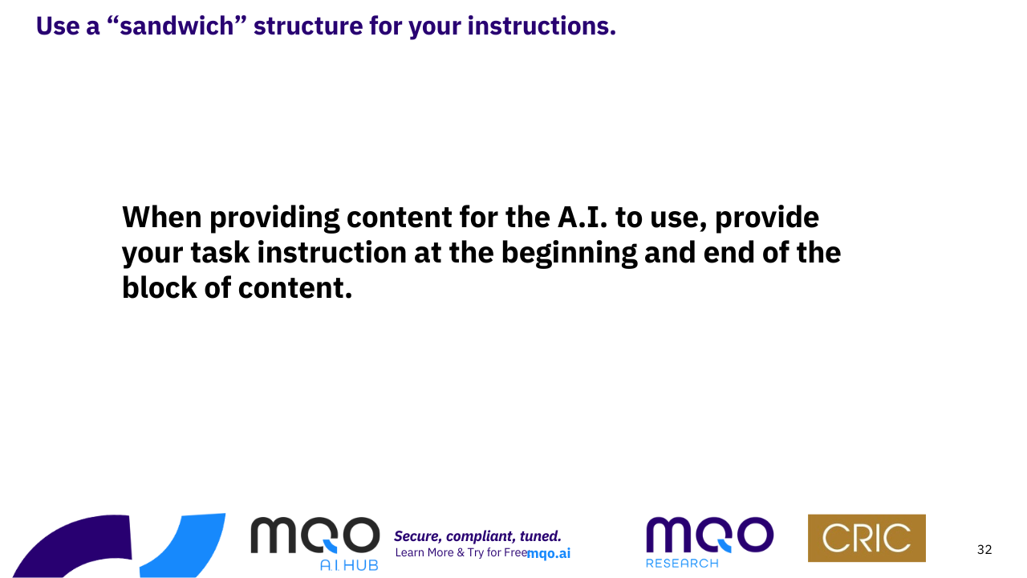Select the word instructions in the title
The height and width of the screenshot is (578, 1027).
point(542,26)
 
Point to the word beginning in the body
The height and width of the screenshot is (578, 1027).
point(569,254)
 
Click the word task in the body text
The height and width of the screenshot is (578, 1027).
point(220,253)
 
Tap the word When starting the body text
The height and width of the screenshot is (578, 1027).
point(162,217)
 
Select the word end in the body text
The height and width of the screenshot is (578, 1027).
point(729,253)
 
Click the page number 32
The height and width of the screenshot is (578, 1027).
point(984,550)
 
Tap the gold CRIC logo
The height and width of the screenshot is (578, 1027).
point(867,538)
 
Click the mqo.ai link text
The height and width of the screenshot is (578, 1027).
point(549,554)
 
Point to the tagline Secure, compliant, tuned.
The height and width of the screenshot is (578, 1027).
point(477,536)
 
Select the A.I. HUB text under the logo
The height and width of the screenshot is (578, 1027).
point(349,565)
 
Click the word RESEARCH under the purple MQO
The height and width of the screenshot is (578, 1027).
point(682,564)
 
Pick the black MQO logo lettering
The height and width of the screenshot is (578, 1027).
point(315,535)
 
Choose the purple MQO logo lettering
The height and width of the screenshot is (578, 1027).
point(710,535)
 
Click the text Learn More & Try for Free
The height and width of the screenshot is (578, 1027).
point(461,553)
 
